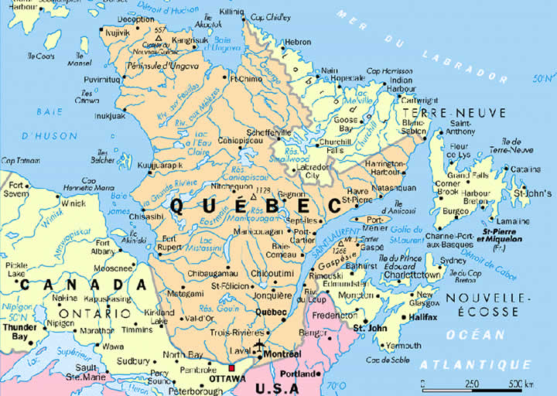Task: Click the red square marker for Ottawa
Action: pyautogui.click(x=231, y=368)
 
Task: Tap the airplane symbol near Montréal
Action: pyautogui.click(x=258, y=344)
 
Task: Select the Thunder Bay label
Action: pyautogui.click(x=20, y=332)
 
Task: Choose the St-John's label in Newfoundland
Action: pyautogui.click(x=533, y=192)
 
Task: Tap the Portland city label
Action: pyautogui.click(x=298, y=374)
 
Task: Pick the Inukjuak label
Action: pyautogui.click(x=110, y=116)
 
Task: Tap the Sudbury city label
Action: pyautogui.click(x=133, y=361)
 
